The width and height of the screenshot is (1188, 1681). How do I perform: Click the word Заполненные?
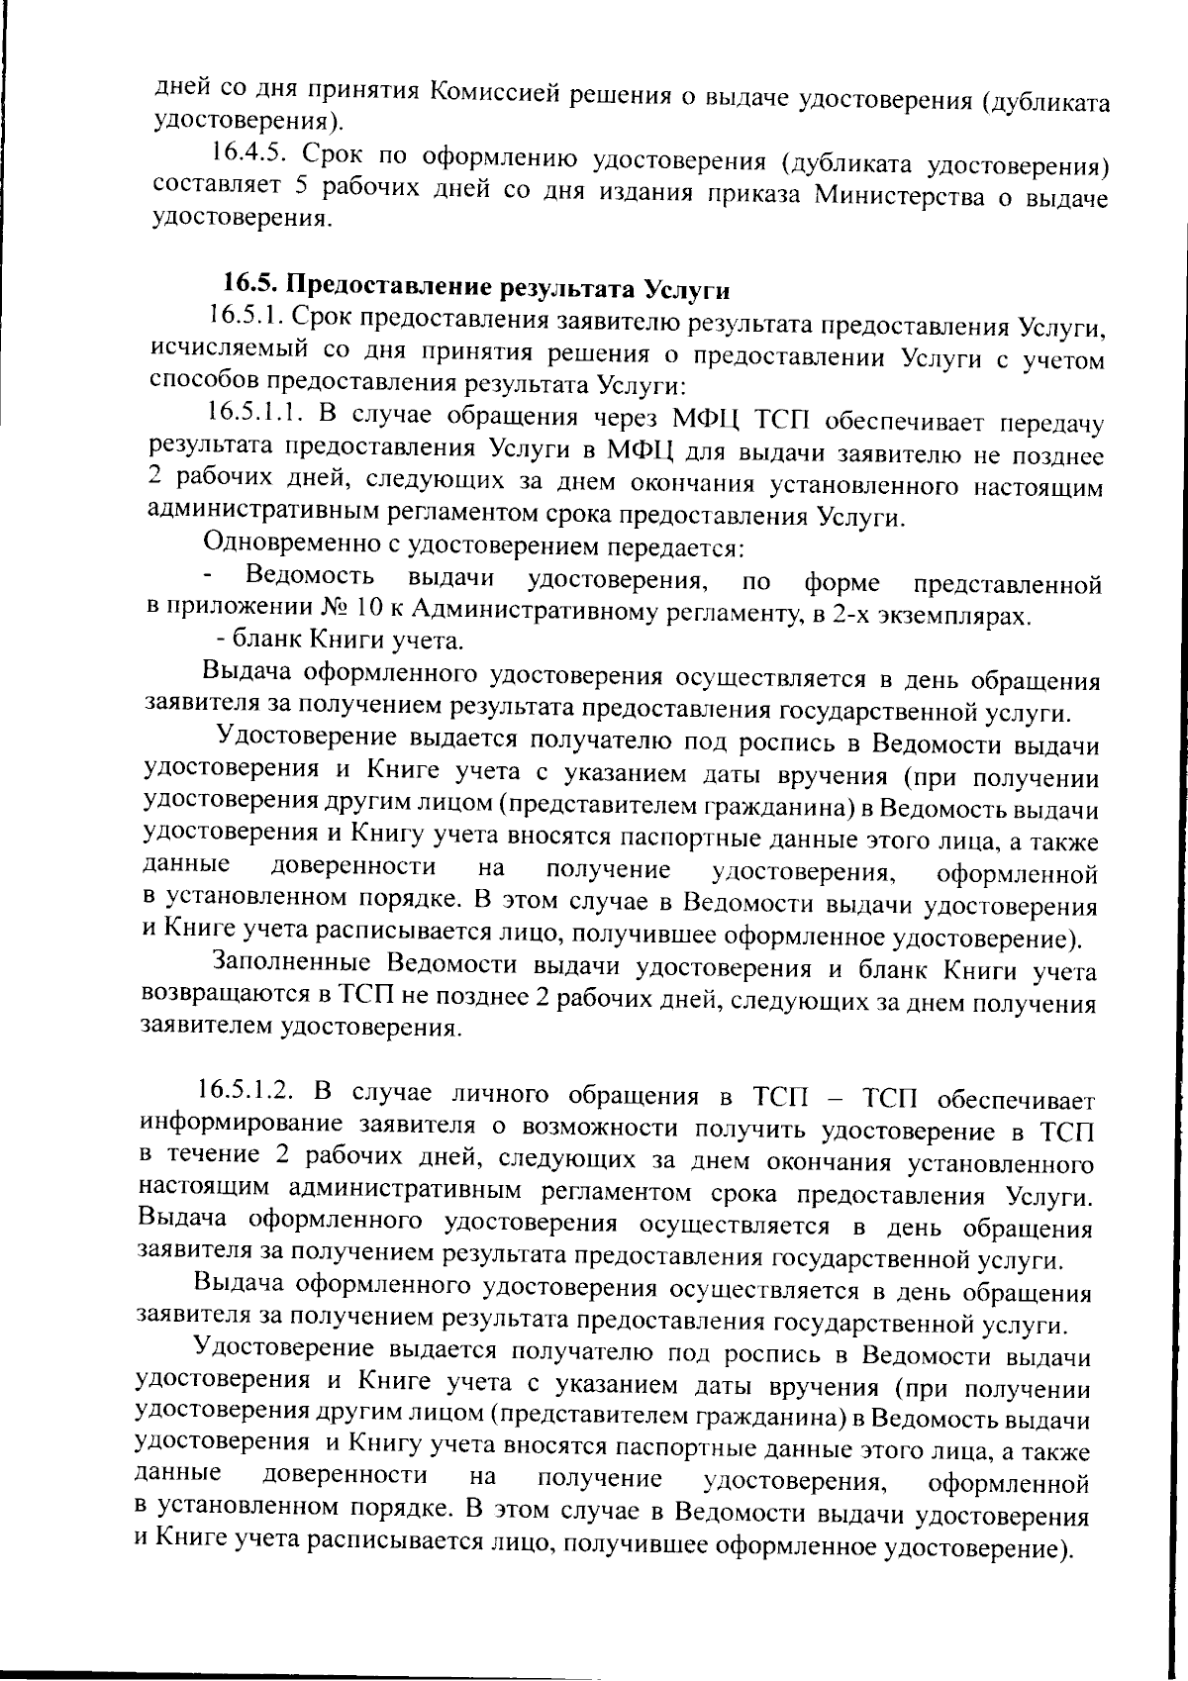click(x=291, y=962)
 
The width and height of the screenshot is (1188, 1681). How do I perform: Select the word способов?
click(x=198, y=378)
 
